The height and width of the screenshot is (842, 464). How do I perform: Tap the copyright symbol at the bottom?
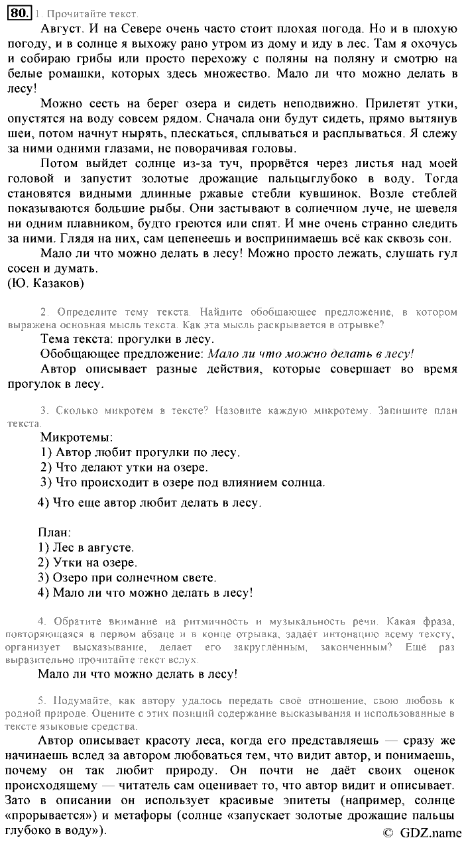pyautogui.click(x=388, y=832)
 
